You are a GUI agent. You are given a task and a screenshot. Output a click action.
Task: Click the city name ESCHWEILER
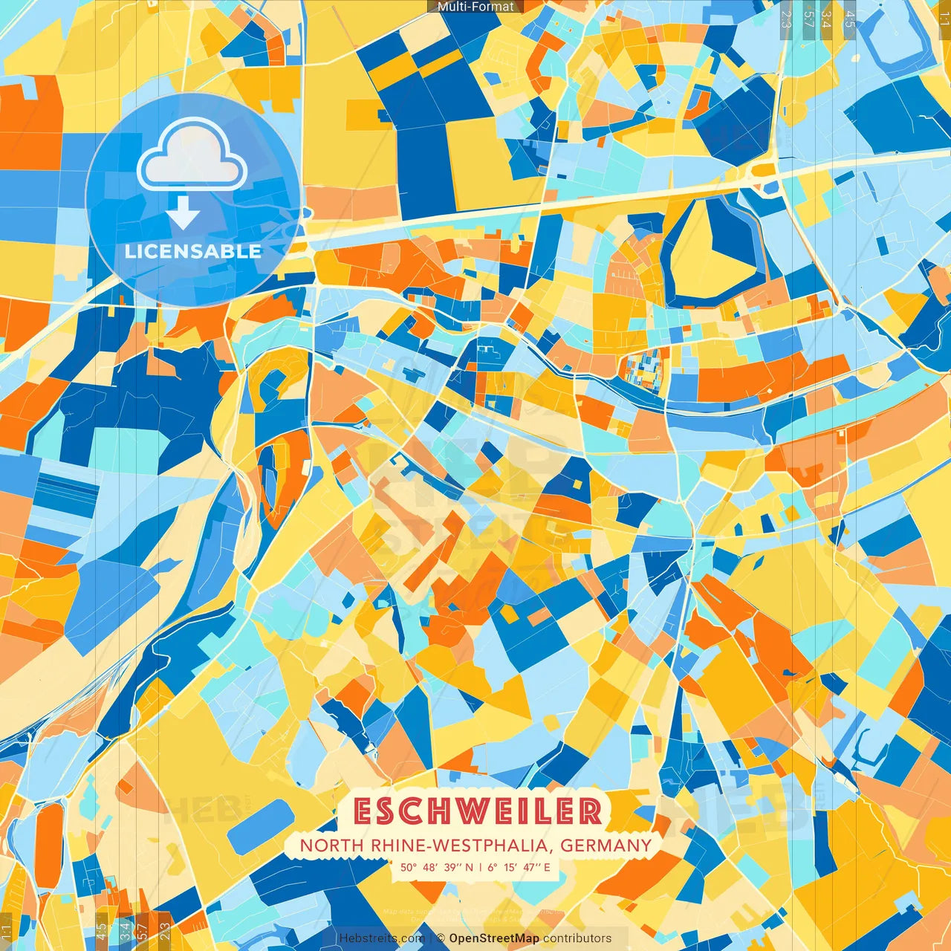pos(477,811)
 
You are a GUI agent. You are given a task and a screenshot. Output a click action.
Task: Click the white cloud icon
pos(192,156)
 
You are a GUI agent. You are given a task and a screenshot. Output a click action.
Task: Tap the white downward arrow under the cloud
pos(183,214)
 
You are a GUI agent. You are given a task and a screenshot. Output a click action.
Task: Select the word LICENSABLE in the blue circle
pos(193,251)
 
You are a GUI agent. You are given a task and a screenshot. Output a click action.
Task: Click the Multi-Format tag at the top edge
pos(475,7)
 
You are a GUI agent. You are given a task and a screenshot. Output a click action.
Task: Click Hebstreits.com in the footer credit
pos(382,938)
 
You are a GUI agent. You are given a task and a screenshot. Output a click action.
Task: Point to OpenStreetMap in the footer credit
pos(494,938)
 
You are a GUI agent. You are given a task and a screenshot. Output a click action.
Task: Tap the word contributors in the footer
pos(577,938)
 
